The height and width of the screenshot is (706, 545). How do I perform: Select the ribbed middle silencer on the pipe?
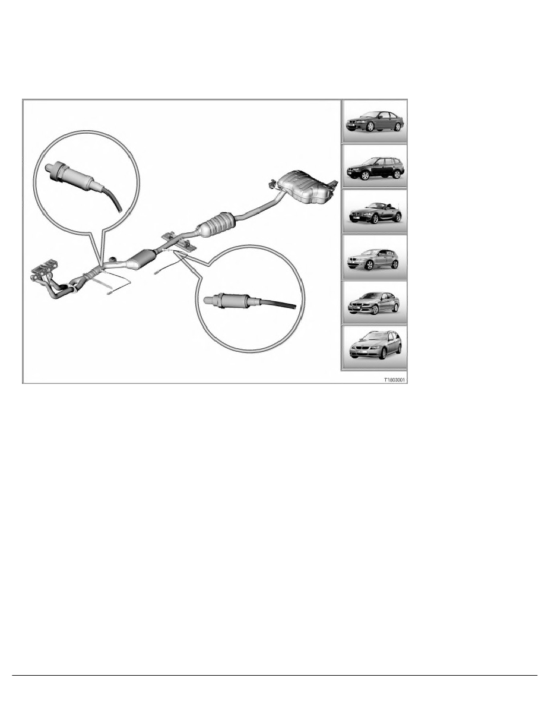[x=217, y=226]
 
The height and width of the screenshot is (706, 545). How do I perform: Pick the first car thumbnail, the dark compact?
[x=374, y=121]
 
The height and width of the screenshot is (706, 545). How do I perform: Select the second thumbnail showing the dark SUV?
[x=374, y=166]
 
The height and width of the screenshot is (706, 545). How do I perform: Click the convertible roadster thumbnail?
[x=374, y=212]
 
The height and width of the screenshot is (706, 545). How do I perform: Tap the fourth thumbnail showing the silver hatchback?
[x=374, y=257]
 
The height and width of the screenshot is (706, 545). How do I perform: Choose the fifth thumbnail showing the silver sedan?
[x=374, y=302]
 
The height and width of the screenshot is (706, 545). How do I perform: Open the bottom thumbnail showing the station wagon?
[x=374, y=348]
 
